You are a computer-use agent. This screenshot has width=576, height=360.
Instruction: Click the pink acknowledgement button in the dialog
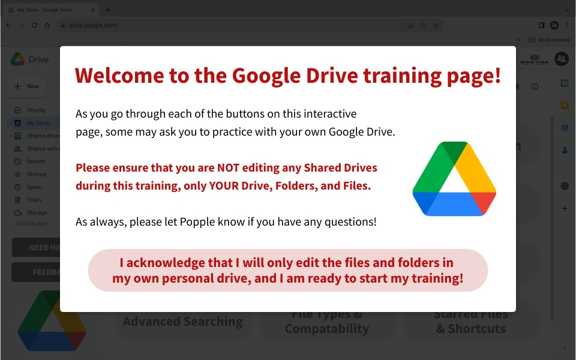288,271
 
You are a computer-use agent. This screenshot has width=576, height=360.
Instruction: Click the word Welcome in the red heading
111,76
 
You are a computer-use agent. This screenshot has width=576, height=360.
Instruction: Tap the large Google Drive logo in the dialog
454,179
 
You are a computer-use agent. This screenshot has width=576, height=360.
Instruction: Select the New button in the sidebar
27,86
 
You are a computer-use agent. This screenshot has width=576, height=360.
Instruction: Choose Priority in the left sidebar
36,110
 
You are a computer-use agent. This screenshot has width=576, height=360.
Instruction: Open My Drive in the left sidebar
38,123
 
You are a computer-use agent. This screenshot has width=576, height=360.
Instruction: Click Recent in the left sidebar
35,161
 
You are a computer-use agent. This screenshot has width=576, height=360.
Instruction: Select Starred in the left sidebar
36,174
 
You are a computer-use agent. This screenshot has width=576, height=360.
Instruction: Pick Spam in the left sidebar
34,187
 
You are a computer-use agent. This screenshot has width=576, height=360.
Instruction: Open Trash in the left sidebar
34,200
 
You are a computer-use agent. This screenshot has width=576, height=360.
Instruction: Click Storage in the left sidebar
37,213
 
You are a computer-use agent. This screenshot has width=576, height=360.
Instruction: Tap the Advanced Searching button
183,322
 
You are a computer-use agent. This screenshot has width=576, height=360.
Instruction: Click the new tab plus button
108,10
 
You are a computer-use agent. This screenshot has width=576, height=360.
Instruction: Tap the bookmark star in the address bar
436,25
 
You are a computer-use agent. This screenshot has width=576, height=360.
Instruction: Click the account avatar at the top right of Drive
562,59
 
